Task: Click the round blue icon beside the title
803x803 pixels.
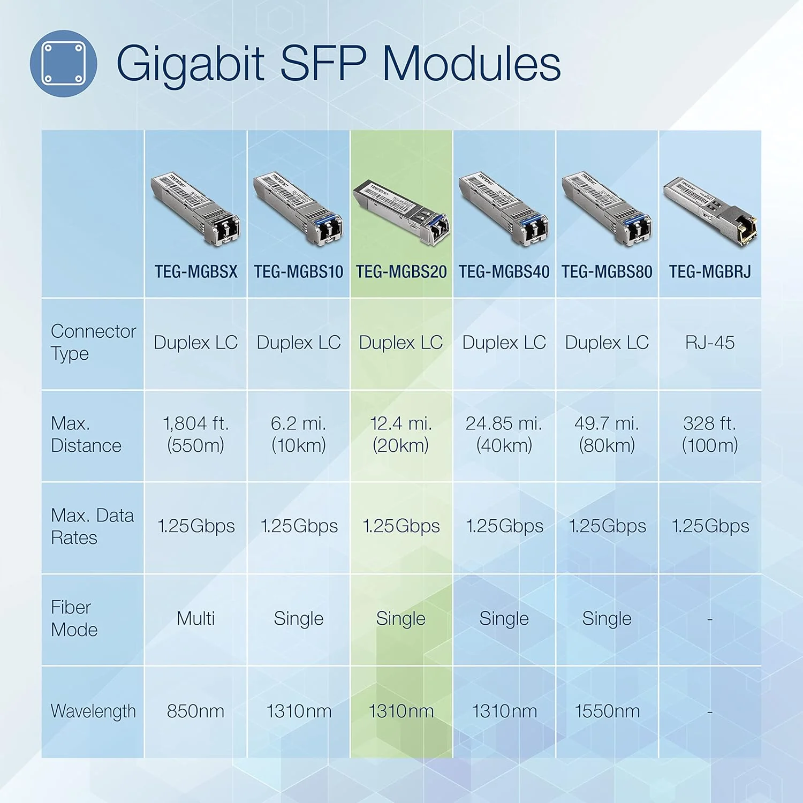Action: pos(63,63)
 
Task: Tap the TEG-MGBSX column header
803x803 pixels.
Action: pos(196,271)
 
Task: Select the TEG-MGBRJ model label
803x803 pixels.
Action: pos(710,271)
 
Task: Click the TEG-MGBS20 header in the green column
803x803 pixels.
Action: pos(401,271)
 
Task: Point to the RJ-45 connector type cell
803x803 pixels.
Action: pos(710,343)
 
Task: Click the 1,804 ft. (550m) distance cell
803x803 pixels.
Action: pos(196,434)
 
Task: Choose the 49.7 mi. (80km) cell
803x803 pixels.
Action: pos(607,434)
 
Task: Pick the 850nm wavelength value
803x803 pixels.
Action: pos(195,711)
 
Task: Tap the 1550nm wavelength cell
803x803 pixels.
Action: pos(607,711)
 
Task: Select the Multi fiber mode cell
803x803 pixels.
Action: pos(196,618)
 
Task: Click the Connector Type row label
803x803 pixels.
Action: pos(93,343)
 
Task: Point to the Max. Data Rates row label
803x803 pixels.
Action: pos(92,526)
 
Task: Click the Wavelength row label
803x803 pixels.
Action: pos(93,711)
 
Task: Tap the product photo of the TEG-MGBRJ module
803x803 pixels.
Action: pos(710,211)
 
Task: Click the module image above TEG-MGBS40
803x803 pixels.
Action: pos(504,209)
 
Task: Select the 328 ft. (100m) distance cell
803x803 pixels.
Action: pos(710,434)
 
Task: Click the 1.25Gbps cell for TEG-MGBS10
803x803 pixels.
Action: pos(299,526)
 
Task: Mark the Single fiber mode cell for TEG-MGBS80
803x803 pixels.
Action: pos(607,618)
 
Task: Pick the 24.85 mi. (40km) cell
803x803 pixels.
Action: pos(504,434)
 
